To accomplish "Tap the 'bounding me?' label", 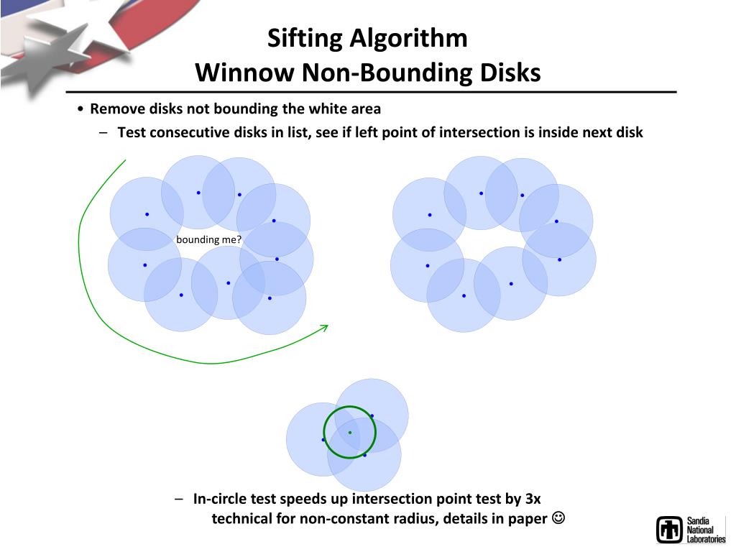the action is point(208,239).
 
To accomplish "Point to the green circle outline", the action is point(323,433).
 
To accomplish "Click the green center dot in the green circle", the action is point(350,432).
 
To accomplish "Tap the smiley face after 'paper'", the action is point(558,518).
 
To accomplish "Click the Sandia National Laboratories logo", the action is point(690,530).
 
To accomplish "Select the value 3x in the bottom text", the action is point(533,499).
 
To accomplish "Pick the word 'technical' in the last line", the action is point(241,519).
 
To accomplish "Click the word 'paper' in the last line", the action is point(528,519).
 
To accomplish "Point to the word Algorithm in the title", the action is point(408,39).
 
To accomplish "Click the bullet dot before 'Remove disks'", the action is point(80,110).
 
